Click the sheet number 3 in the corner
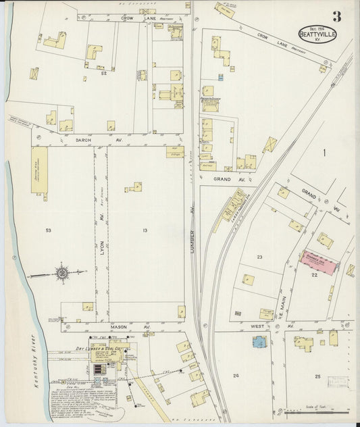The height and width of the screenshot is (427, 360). pos(336,16)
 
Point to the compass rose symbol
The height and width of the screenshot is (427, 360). pos(62,274)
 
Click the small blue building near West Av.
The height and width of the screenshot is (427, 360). pos(259,343)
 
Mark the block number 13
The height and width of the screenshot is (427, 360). pos(144,231)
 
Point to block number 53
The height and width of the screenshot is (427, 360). pos(48,231)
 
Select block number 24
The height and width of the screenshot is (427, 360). pos(236,375)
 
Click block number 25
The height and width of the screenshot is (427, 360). pos(317,375)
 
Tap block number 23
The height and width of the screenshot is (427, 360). pos(259,257)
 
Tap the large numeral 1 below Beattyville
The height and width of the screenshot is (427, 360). pos(324,154)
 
